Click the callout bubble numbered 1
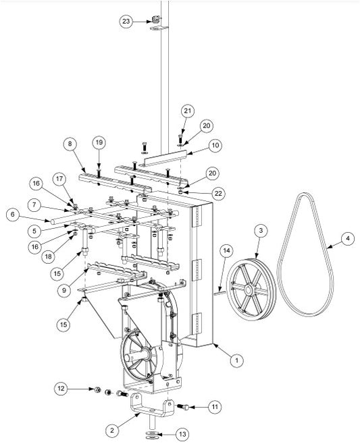(236, 361)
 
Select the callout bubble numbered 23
(126, 22)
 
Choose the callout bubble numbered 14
(226, 251)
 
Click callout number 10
(215, 145)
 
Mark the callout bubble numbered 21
(188, 111)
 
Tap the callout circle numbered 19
(99, 143)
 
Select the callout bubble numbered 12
(61, 389)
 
